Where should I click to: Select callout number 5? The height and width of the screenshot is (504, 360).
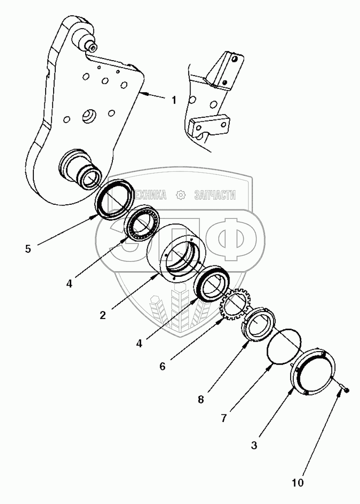(28, 249)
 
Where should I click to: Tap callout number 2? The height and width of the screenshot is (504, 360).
(102, 315)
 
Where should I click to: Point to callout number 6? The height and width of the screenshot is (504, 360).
(162, 366)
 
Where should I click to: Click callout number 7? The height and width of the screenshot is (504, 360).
(223, 418)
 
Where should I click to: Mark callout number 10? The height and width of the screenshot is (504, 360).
(298, 483)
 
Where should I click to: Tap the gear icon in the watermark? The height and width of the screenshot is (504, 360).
(180, 195)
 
